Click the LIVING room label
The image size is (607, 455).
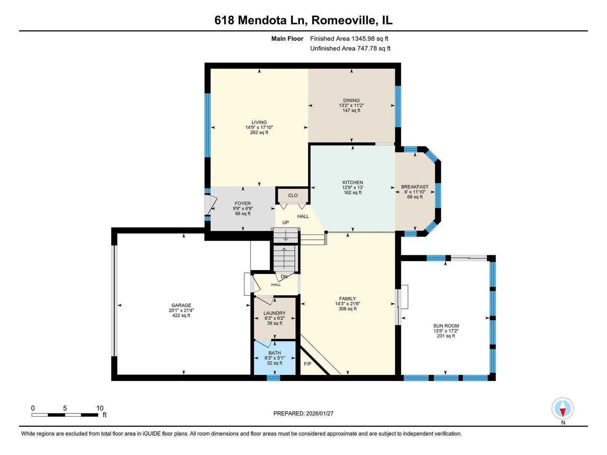(x=259, y=122)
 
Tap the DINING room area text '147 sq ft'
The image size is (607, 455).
(x=351, y=111)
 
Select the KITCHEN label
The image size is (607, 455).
(x=353, y=182)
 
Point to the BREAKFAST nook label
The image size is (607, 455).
(x=415, y=187)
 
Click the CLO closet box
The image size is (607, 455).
(x=293, y=195)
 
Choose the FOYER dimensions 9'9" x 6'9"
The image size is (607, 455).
(x=243, y=209)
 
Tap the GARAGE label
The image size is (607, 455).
(x=181, y=305)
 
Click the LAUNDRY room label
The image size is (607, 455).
(x=275, y=313)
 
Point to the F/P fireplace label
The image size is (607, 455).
(x=308, y=364)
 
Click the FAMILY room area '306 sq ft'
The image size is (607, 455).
(x=348, y=309)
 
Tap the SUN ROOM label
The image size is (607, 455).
(x=446, y=326)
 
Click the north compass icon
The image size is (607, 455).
(x=563, y=409)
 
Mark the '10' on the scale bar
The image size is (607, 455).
(x=100, y=408)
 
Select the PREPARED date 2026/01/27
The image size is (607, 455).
(x=303, y=413)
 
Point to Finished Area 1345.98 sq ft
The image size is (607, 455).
(x=349, y=38)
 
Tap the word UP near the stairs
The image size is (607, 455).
(x=286, y=222)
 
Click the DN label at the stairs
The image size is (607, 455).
(x=284, y=277)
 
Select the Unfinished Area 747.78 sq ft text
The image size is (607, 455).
(x=350, y=48)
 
